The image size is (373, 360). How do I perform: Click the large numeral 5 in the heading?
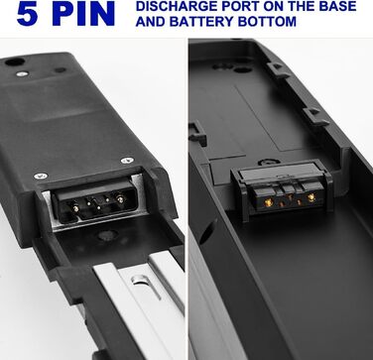click(x=27, y=14)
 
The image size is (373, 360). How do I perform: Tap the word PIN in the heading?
click(x=83, y=14)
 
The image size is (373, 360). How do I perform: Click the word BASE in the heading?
click(x=336, y=6)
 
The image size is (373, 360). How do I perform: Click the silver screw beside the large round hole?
click(x=22, y=73)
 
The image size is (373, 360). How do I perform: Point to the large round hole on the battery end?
click(x=15, y=61)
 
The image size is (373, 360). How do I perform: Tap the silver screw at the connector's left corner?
click(x=41, y=176)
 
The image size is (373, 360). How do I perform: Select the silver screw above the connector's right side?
click(x=127, y=161)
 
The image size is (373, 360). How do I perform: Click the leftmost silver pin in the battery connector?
click(x=75, y=208)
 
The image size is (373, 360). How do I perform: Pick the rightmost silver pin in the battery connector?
click(x=120, y=199)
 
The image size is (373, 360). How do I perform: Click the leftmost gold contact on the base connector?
click(x=269, y=202)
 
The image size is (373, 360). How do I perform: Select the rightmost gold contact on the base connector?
click(x=311, y=197)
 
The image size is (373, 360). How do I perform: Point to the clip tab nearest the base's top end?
click(x=277, y=70)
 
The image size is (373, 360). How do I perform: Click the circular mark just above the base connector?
click(x=269, y=162)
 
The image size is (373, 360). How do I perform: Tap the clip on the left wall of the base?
click(x=197, y=133)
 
